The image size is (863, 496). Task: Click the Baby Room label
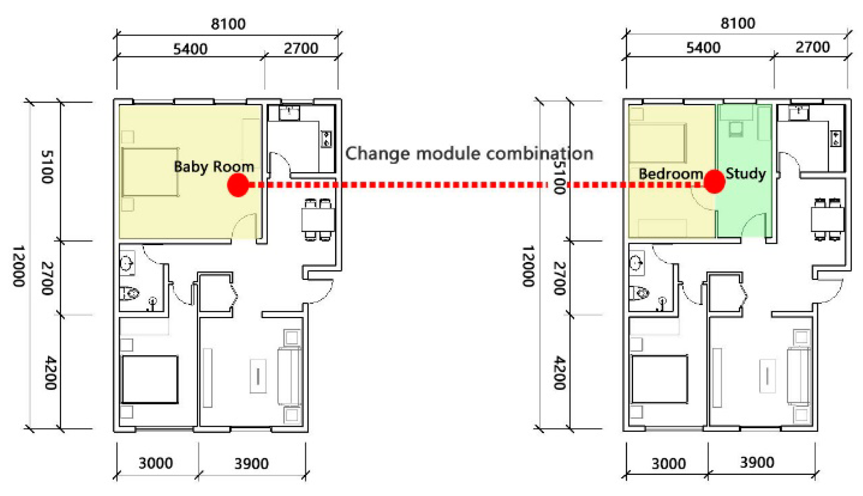click(214, 166)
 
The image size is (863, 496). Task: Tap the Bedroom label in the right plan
click(671, 173)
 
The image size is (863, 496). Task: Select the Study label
click(745, 173)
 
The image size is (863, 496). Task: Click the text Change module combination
click(469, 153)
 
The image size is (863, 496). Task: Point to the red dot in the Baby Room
click(238, 185)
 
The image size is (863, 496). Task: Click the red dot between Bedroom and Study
click(714, 181)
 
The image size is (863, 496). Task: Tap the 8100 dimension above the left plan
click(228, 24)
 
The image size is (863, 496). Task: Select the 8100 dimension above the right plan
click(738, 23)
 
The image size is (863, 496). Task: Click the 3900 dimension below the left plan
click(251, 463)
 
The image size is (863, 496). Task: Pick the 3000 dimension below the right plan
click(668, 463)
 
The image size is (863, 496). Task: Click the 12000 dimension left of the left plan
click(18, 266)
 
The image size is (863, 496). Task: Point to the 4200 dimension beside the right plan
click(559, 373)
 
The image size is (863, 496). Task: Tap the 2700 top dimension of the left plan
click(301, 48)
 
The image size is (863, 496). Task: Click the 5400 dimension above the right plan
click(703, 48)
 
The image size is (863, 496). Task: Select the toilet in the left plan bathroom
click(130, 293)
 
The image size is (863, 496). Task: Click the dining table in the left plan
click(318, 220)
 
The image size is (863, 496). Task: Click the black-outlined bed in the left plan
click(150, 379)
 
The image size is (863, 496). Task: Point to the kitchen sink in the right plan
click(799, 113)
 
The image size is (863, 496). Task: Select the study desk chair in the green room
click(736, 129)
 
